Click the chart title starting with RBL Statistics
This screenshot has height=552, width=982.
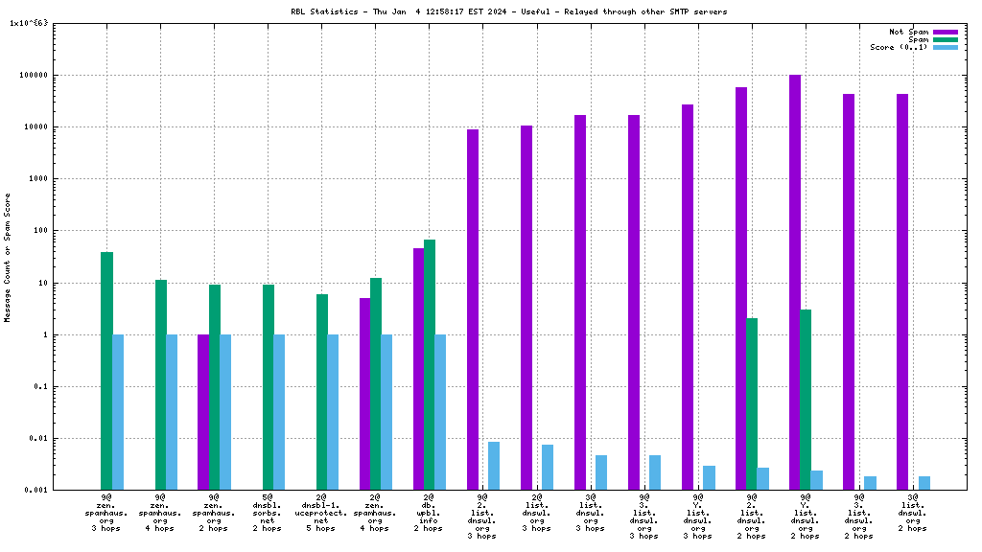click(508, 11)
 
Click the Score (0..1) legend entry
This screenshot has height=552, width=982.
click(899, 47)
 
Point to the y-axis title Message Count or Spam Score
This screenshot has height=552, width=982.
click(8, 257)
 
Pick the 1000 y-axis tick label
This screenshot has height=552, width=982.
click(38, 178)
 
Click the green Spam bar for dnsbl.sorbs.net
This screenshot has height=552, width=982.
click(269, 387)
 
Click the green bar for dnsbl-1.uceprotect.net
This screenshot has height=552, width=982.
click(322, 392)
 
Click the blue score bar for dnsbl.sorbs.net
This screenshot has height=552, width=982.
click(279, 412)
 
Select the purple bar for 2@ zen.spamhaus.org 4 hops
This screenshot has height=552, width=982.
click(364, 394)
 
